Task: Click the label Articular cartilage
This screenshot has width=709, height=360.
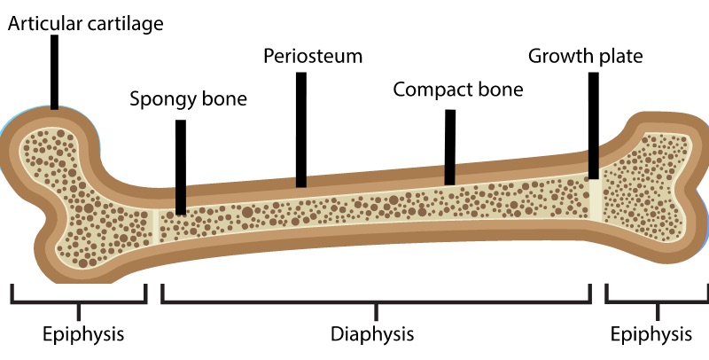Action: coord(86,24)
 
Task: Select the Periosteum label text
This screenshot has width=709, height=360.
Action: coord(313,57)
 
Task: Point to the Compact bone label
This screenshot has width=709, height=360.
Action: coord(458,90)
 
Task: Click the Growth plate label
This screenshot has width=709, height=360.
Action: coord(585,57)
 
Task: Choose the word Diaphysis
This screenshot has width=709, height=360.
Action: coord(372,334)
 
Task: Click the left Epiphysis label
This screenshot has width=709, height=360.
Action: coord(83,334)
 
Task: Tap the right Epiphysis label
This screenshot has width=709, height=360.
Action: coord(652,334)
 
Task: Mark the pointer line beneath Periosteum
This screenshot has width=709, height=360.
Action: coord(301,129)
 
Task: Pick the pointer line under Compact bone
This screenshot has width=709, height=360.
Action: coord(450,146)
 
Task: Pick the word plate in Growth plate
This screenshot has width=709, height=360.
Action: coord(619,57)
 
